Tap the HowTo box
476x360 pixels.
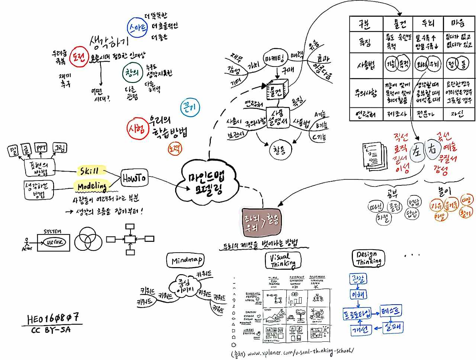[134, 178]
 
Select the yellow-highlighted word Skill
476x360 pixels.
[90, 171]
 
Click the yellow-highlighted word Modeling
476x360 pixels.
[92, 186]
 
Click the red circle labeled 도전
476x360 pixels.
[79, 56]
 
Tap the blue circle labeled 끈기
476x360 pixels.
[190, 108]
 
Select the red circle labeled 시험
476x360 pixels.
[137, 129]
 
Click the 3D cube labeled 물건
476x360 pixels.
[277, 90]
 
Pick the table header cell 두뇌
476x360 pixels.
[428, 24]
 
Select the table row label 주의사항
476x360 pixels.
[366, 93]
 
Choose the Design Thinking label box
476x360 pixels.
[368, 258]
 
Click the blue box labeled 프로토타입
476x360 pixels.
[357, 314]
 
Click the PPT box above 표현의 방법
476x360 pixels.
[41, 148]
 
